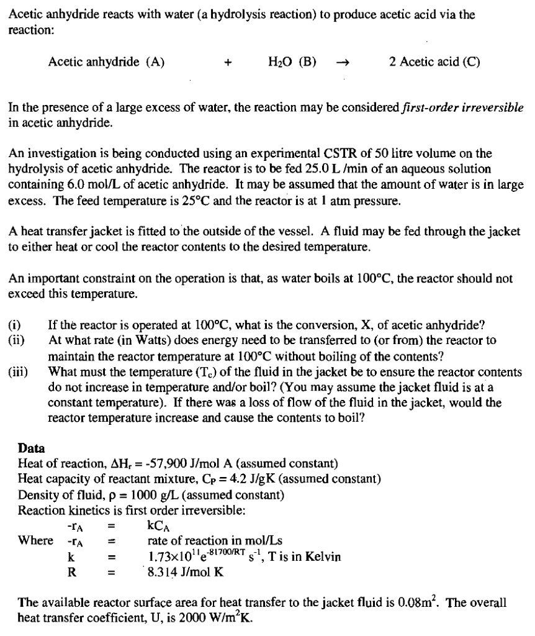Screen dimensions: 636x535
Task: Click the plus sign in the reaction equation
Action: point(228,62)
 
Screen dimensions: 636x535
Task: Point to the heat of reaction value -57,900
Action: point(160,464)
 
